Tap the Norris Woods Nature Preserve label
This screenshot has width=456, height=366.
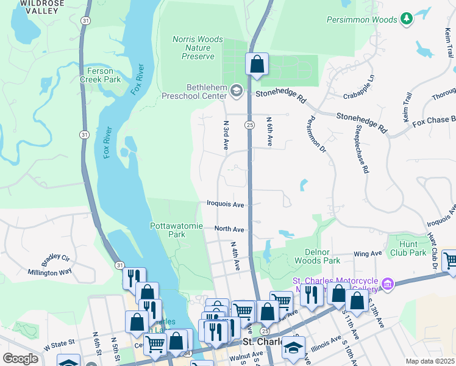(198, 48)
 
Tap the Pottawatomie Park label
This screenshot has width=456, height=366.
(176, 230)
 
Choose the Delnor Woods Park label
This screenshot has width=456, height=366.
(331, 256)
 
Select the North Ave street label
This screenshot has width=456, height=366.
(229, 229)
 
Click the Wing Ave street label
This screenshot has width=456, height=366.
(368, 253)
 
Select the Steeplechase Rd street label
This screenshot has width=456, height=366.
(362, 150)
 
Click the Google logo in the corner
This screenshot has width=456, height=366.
(20, 359)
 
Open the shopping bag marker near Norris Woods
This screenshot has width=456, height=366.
(257, 63)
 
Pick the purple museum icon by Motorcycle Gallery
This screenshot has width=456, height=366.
(386, 284)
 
